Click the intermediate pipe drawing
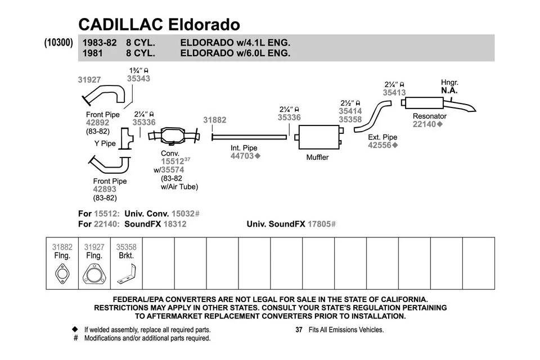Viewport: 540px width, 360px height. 250,136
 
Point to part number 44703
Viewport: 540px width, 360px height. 242,156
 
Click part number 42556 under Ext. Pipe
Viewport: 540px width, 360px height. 380,145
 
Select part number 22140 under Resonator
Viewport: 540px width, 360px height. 425,124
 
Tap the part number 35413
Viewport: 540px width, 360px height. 394,92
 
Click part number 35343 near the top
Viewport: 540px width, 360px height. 138,79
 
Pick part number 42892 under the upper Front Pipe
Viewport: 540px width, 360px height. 97,123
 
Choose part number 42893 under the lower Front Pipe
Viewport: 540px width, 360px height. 105,190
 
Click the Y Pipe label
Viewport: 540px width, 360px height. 105,143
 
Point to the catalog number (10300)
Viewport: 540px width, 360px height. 58,43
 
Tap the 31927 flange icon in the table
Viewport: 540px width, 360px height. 94,276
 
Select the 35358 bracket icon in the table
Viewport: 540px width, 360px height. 126,276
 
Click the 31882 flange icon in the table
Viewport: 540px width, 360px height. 62,275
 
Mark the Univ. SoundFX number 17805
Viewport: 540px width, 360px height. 318,224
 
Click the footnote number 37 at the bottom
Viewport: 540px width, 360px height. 299,330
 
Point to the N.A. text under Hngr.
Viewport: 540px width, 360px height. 449,91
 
